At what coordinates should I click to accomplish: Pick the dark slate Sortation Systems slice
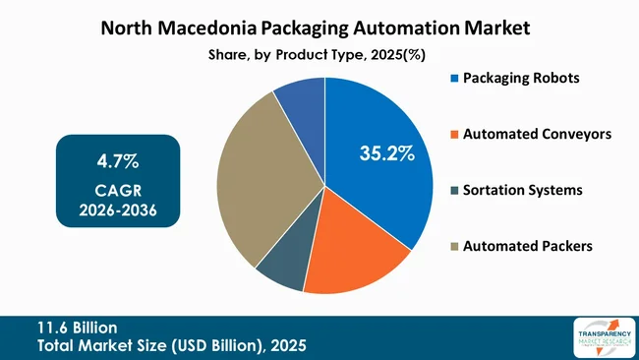click(281, 270)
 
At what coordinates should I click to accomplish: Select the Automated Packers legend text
click(528, 246)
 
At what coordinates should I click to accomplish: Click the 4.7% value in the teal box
click(118, 159)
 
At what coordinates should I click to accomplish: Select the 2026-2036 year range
click(118, 210)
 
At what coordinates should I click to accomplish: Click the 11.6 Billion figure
click(77, 327)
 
